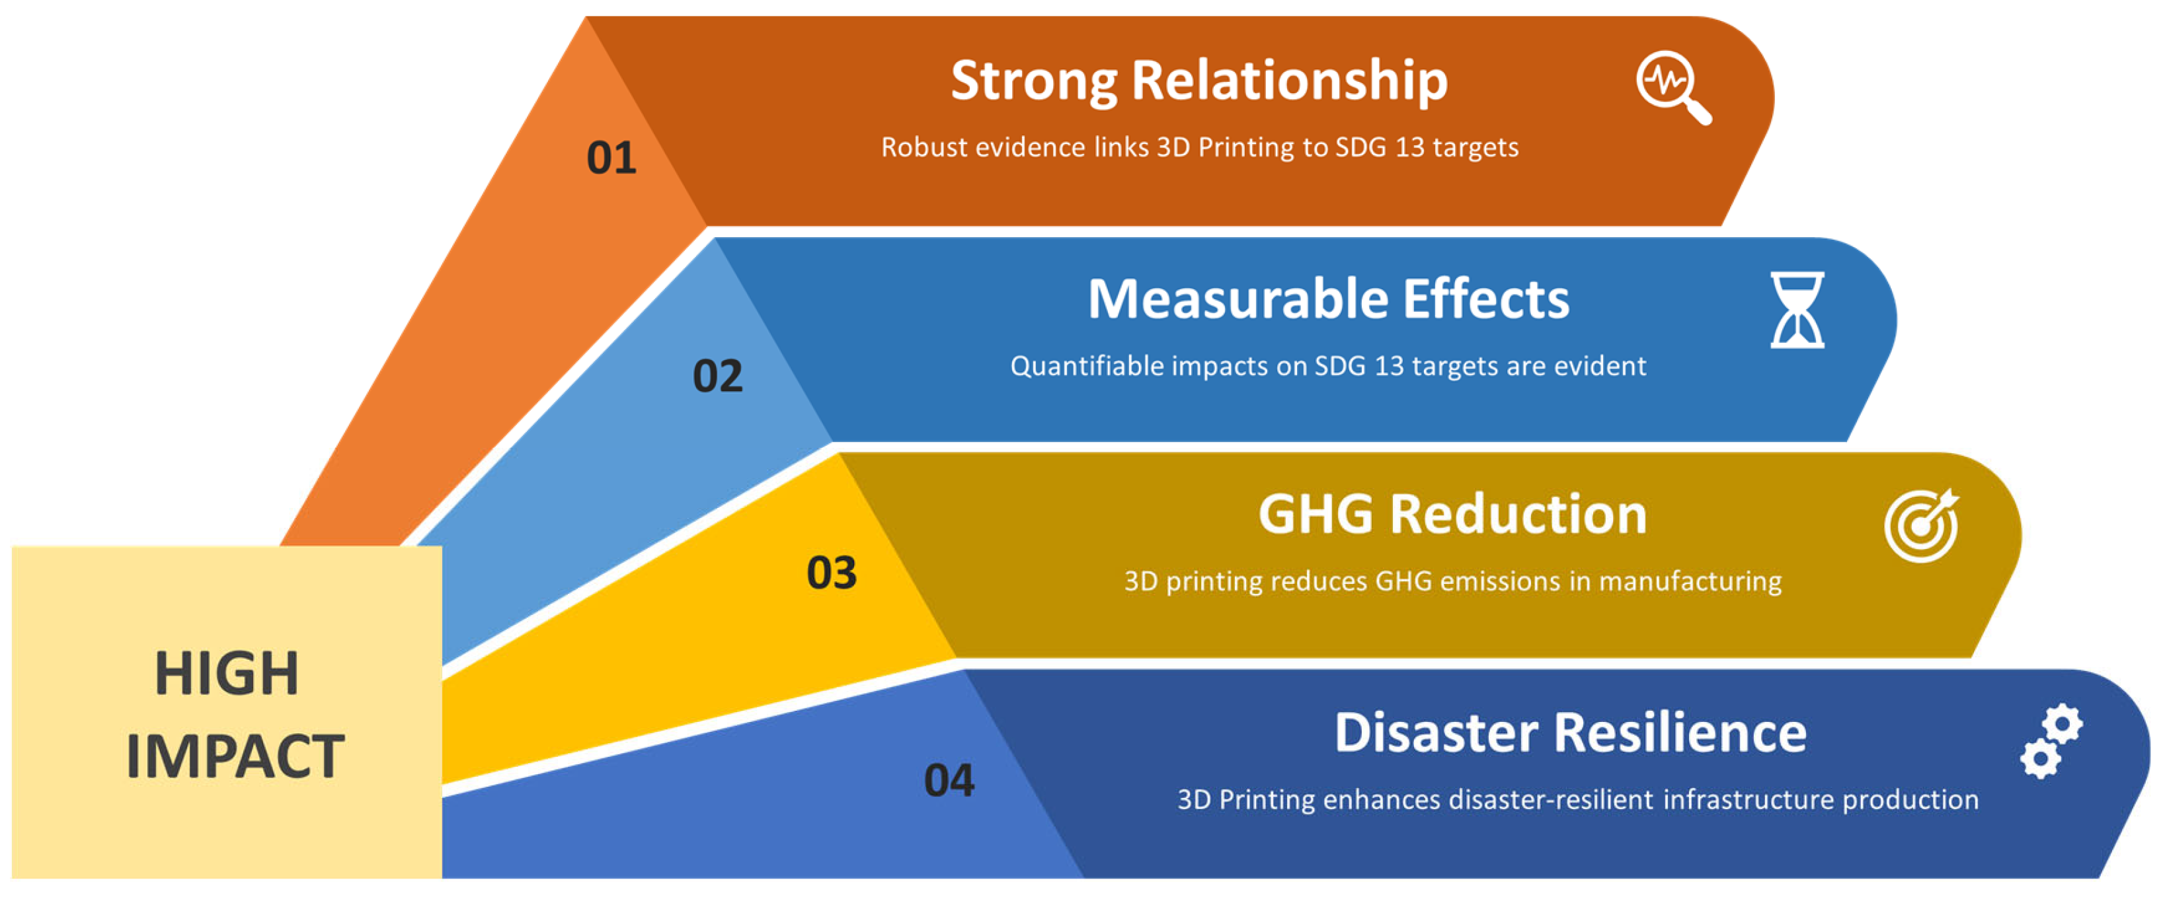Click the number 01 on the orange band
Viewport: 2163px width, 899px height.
[x=611, y=158]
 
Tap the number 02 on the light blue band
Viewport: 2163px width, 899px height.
[x=717, y=376]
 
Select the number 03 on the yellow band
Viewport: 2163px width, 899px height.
[x=831, y=573]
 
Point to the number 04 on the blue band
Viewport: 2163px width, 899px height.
[x=949, y=781]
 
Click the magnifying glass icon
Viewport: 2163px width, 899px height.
[x=1672, y=87]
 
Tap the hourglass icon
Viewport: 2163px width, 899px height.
[x=1797, y=310]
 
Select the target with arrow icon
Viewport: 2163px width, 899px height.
[x=1921, y=526]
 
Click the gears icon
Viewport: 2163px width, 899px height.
[x=2051, y=741]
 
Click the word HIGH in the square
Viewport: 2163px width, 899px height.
[x=227, y=674]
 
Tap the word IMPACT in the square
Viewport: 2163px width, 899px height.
[x=235, y=756]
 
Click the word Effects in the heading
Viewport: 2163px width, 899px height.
[x=1486, y=300]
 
